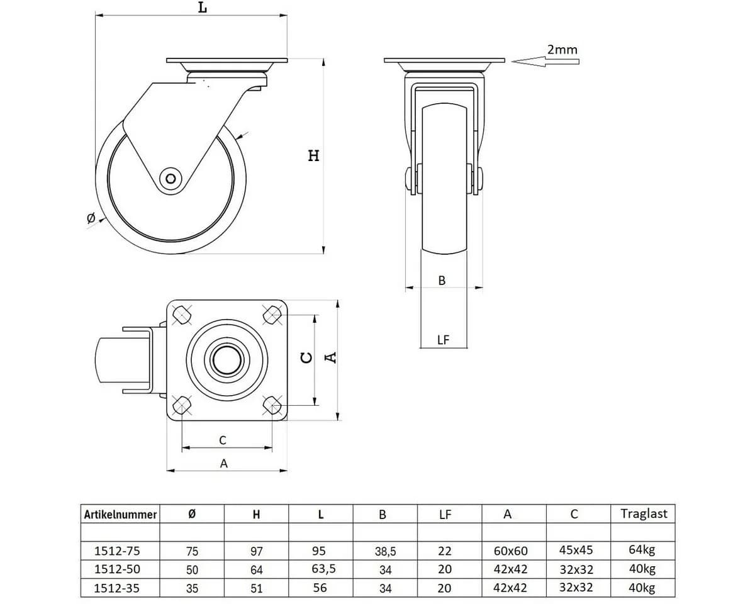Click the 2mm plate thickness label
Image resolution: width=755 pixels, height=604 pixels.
point(562,50)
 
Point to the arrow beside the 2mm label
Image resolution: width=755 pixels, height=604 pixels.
point(545,62)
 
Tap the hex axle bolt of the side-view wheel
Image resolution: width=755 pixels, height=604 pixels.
point(171,179)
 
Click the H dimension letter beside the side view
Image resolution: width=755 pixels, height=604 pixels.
point(314,155)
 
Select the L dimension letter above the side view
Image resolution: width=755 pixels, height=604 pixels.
point(203,7)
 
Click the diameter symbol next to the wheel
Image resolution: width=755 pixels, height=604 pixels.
point(91,218)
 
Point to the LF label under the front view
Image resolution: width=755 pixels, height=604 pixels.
point(444,339)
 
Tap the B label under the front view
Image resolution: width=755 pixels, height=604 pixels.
point(442,281)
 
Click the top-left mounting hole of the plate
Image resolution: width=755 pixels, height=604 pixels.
point(182,315)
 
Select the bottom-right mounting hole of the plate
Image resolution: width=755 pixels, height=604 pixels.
point(272,405)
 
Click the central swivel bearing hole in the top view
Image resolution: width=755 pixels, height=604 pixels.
point(226,360)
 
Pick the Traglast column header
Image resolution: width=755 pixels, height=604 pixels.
point(644,514)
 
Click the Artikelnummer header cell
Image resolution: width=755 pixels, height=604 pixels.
point(120,515)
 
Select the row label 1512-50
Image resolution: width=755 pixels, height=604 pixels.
point(117,569)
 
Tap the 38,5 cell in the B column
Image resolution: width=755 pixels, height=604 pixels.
point(385,552)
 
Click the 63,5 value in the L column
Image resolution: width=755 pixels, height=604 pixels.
point(323,569)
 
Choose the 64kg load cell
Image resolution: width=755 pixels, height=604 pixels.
point(642,550)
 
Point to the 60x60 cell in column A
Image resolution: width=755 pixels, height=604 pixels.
point(511,551)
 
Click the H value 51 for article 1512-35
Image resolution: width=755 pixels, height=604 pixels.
point(257,588)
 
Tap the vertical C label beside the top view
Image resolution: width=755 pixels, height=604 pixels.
point(307,357)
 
